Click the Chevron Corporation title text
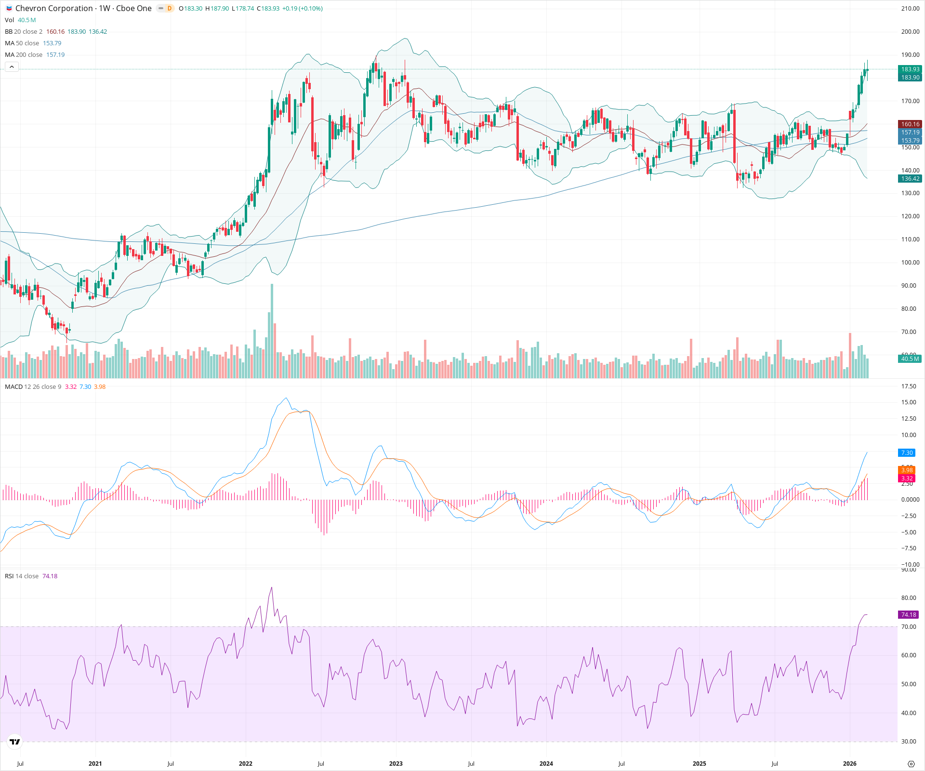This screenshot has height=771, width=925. tap(54, 8)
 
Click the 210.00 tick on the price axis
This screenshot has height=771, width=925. tap(910, 8)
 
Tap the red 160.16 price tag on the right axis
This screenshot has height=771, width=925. tap(910, 124)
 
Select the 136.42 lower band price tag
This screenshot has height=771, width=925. tap(910, 179)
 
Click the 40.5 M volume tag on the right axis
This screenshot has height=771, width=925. tap(910, 359)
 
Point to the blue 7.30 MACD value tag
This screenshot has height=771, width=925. tap(907, 453)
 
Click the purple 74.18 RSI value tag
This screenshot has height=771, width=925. tap(909, 615)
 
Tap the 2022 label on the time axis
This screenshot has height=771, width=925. tap(246, 764)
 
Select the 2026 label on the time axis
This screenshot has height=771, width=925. tap(849, 764)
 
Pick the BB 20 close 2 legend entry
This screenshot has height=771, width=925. tap(24, 32)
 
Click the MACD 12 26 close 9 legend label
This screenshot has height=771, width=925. tap(33, 387)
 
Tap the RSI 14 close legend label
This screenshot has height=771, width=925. tap(22, 576)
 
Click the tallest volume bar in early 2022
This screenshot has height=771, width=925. tap(272, 332)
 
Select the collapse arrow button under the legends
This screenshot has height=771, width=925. tap(12, 67)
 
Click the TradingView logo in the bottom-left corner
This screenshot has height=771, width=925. tap(15, 742)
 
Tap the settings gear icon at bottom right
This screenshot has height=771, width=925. tap(911, 764)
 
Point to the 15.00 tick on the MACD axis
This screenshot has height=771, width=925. tap(909, 402)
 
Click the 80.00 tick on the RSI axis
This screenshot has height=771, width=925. tap(909, 598)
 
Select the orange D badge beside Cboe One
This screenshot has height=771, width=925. tap(169, 8)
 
